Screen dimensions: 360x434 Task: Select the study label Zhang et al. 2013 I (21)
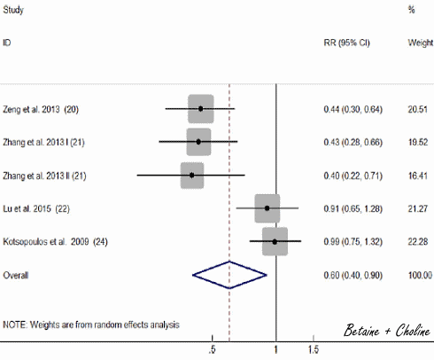coord(43,142)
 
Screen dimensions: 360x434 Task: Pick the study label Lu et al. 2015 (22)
coord(36,208)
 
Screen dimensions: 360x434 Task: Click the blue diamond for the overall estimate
coord(229,275)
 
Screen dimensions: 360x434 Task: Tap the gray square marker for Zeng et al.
coord(201,108)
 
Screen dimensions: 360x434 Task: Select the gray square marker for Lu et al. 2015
coord(267,208)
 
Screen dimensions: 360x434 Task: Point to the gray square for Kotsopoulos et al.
coord(275,241)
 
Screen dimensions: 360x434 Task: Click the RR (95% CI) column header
coord(346,43)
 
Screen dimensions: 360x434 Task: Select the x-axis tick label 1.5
coord(314,350)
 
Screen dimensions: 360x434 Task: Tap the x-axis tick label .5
coord(212,350)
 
